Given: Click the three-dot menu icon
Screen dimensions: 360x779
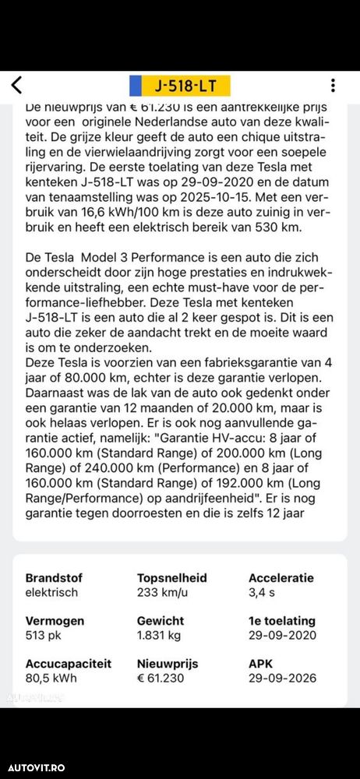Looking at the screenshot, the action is coord(333,85).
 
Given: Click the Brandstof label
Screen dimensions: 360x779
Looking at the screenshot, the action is coord(54,578).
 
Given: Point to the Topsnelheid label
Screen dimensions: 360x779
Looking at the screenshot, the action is coord(171,578).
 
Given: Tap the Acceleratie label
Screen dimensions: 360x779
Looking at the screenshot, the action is coord(281,578).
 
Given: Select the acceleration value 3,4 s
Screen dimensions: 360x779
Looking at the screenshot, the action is coord(261,592).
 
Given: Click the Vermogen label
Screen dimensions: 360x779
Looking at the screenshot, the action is coord(54,621).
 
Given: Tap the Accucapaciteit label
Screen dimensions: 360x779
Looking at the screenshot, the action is coord(69,664).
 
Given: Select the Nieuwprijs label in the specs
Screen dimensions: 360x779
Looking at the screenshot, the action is coord(168,664).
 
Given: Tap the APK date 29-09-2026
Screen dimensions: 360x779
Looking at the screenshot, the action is coord(282,678).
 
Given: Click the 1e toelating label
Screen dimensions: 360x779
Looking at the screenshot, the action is coord(281,621).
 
